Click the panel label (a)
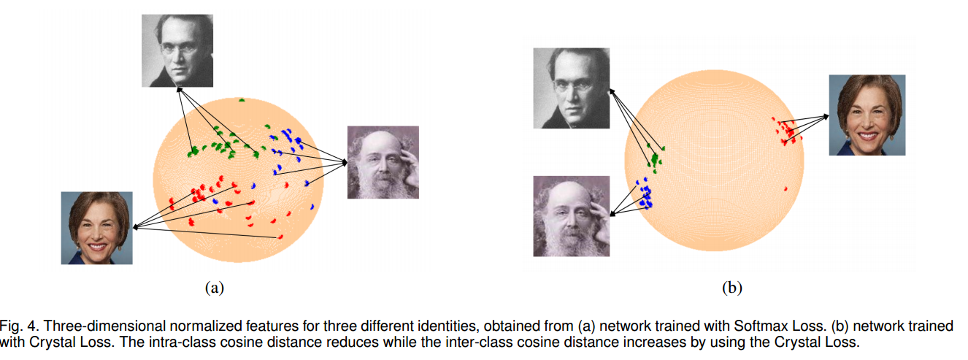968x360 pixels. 214,288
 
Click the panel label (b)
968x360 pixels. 731,288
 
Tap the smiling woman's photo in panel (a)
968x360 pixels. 97,228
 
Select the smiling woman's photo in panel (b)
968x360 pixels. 867,115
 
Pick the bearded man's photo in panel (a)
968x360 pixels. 383,162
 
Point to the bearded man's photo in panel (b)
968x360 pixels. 571,216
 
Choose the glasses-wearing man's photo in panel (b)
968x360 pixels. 571,88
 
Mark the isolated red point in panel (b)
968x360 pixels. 785,189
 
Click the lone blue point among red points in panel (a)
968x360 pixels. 215,199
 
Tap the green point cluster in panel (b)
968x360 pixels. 656,158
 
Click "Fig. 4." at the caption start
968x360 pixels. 17,326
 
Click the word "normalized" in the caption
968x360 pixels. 159,326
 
